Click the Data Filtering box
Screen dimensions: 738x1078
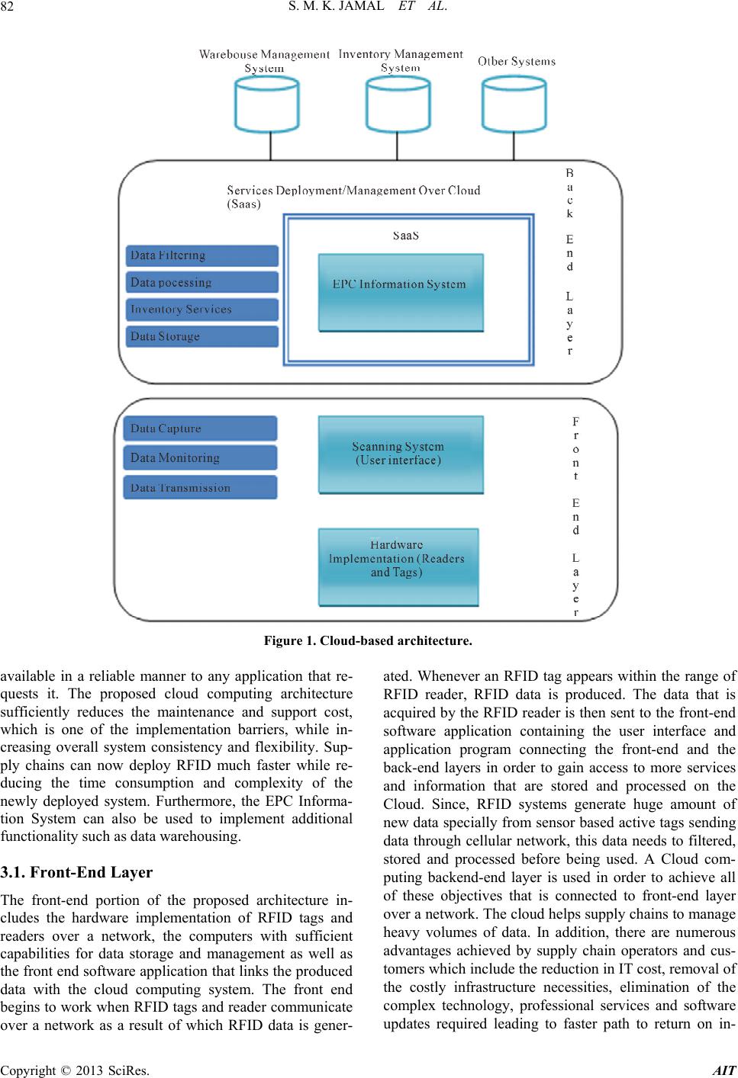[x=201, y=255]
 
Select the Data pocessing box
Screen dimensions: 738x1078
[x=201, y=283]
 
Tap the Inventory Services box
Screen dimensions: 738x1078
[x=201, y=310]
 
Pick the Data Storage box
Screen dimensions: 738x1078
[x=201, y=336]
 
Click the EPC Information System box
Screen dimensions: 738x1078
[x=401, y=293]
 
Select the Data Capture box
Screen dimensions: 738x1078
[x=200, y=428]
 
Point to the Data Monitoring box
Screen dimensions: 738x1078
[x=200, y=457]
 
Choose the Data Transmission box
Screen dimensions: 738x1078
[x=200, y=487]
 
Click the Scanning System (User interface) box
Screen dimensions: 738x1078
[x=401, y=455]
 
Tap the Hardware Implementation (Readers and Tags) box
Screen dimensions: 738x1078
[x=398, y=567]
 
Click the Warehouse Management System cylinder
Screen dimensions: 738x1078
[x=267, y=105]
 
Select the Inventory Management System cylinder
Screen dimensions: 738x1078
[x=398, y=105]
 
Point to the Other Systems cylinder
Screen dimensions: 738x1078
[x=514, y=105]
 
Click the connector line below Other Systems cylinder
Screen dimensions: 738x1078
[x=514, y=146]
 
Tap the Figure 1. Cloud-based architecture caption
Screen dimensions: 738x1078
[x=368, y=641]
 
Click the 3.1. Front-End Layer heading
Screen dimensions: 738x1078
[x=76, y=872]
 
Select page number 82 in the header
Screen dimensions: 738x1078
[x=7, y=6]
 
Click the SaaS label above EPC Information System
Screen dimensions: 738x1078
[x=405, y=236]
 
